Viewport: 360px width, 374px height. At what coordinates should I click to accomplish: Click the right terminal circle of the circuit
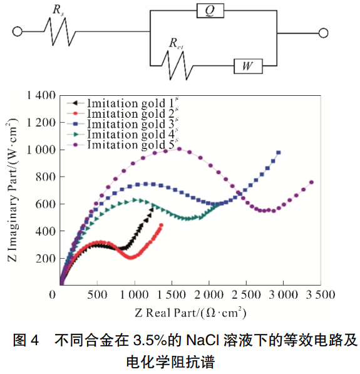(x=324, y=31)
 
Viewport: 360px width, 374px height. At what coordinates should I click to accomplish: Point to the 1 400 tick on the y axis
(x=41, y=95)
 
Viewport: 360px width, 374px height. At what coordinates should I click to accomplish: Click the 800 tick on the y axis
(x=47, y=177)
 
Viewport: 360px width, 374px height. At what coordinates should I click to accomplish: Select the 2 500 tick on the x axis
(x=246, y=294)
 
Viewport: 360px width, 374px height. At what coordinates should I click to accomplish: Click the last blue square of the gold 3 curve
(x=279, y=153)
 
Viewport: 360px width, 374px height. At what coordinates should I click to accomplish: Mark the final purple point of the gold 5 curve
(x=311, y=182)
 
